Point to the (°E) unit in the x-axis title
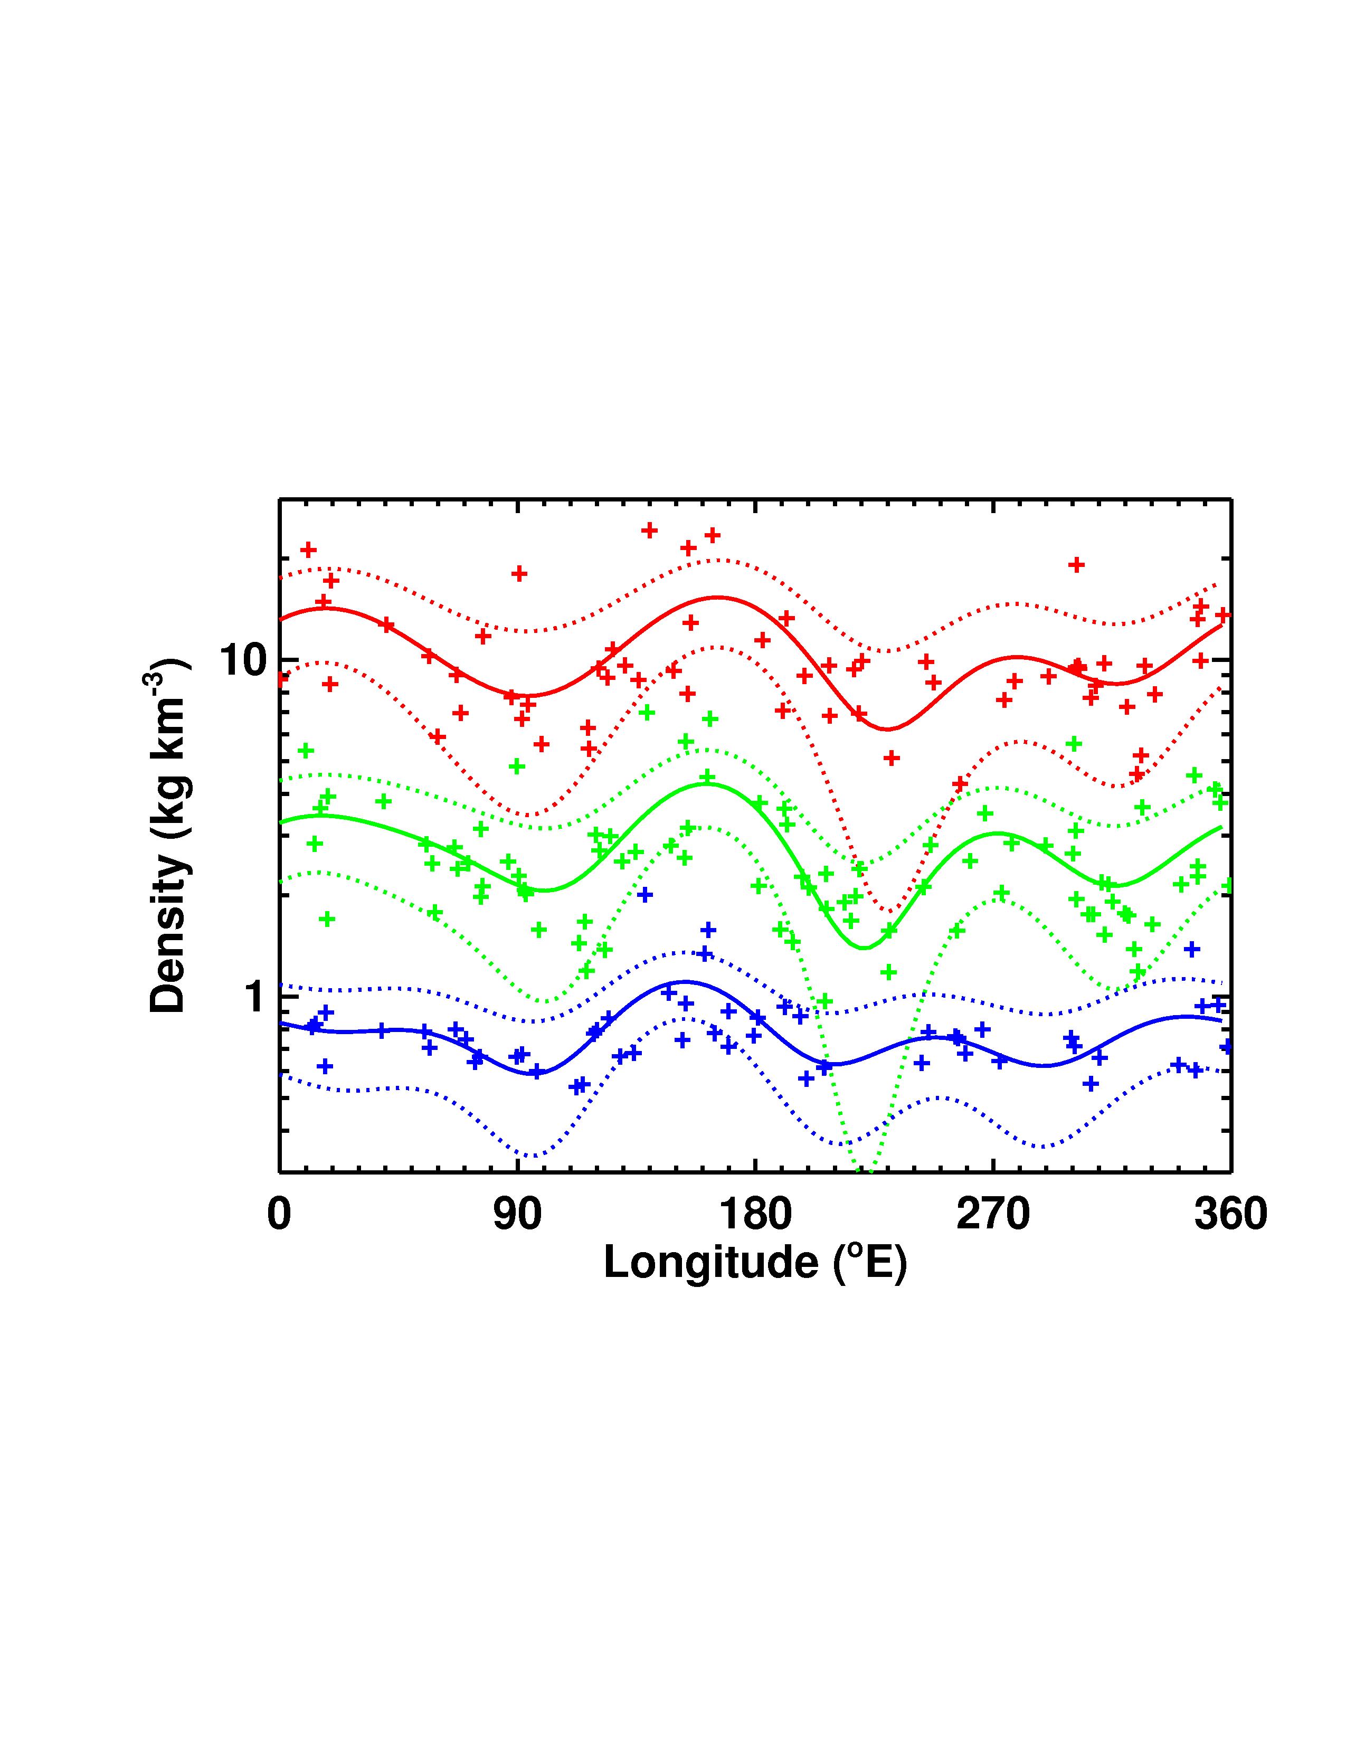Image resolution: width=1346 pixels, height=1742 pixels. click(869, 1263)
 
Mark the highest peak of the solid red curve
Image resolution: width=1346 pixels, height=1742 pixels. click(718, 597)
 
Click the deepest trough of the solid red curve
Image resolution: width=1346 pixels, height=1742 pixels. click(887, 729)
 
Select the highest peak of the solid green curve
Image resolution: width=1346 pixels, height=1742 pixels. click(706, 784)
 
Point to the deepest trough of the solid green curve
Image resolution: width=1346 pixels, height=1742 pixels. click(863, 948)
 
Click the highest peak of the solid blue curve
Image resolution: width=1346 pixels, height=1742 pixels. click(684, 982)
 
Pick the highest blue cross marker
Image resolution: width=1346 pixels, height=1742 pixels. click(645, 895)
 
